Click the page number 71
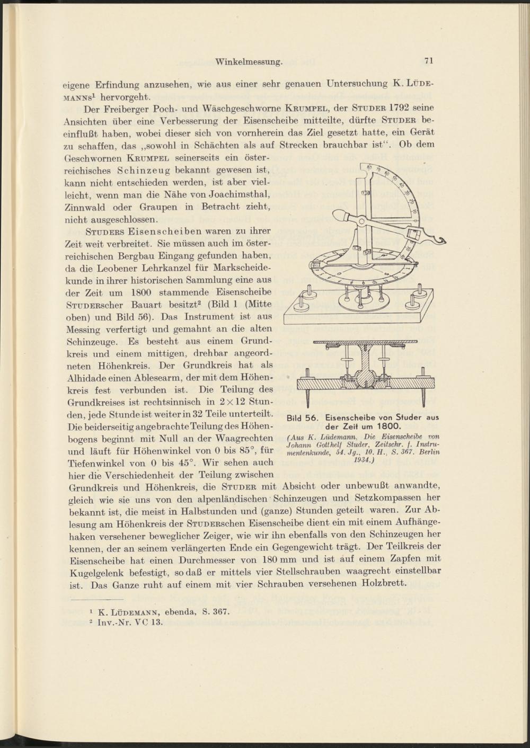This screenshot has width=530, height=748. (x=429, y=61)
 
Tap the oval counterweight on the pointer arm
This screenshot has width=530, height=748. (x=342, y=216)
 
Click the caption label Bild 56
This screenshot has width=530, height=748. (x=301, y=417)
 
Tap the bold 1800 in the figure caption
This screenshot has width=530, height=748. (x=390, y=426)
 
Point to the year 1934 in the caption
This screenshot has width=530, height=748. (x=361, y=460)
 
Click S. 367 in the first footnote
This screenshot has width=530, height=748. (x=216, y=612)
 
